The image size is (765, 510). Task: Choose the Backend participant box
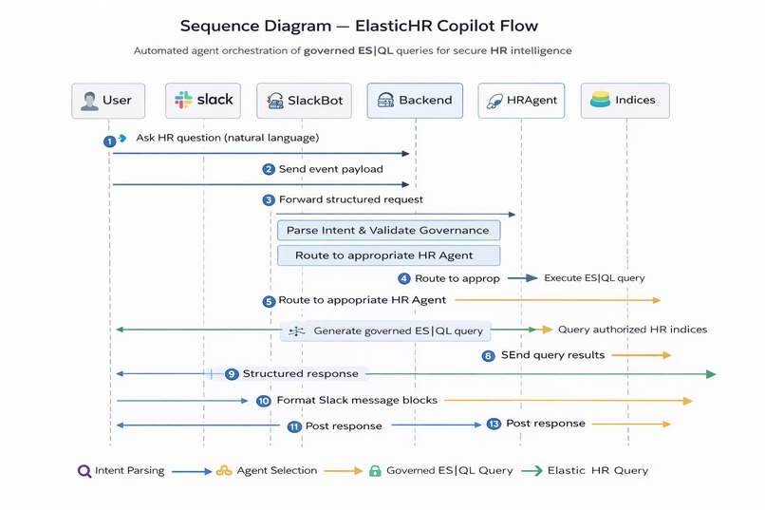(x=415, y=101)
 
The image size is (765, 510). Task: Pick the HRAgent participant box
(x=521, y=101)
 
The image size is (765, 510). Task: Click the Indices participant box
(x=625, y=101)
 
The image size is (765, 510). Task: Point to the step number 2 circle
(x=270, y=169)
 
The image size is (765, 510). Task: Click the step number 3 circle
(x=270, y=200)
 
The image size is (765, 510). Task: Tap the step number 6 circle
(x=489, y=355)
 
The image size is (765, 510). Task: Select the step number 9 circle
(x=231, y=374)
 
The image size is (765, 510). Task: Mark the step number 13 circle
(x=494, y=424)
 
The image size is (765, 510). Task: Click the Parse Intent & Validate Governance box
(x=387, y=230)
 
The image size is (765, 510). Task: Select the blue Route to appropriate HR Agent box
(x=387, y=255)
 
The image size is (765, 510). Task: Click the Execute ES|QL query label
(x=594, y=278)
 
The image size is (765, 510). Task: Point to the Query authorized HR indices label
(x=632, y=330)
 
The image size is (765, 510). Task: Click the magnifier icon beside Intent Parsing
(x=84, y=470)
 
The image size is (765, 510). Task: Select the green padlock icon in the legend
(x=375, y=470)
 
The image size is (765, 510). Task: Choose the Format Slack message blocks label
(x=357, y=400)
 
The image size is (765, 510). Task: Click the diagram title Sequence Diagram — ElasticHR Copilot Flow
(x=365, y=26)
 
